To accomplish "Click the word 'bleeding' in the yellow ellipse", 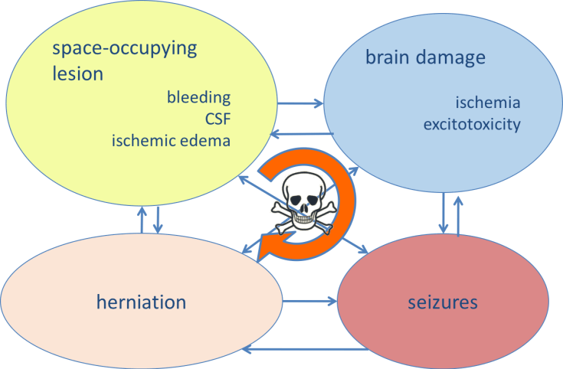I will tap(198, 98).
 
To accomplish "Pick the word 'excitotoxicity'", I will tap(472, 123).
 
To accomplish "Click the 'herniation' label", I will tap(142, 302).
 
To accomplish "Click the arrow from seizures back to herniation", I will tap(299, 351).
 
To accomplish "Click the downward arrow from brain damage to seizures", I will tap(444, 214).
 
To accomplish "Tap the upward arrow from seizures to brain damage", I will tap(458, 214).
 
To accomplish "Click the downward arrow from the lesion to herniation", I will tap(157, 220).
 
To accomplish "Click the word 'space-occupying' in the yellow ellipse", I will tap(124, 51).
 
